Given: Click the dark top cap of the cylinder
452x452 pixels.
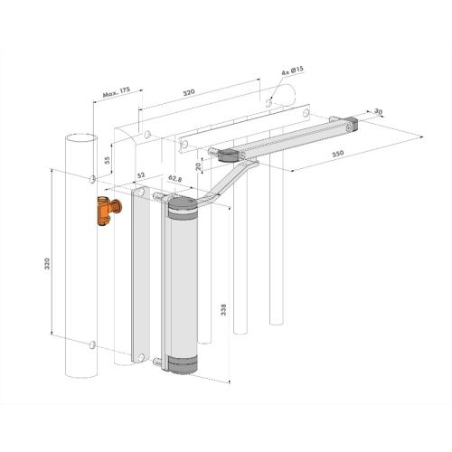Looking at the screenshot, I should [183, 212].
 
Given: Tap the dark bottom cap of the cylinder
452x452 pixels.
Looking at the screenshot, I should [183, 363].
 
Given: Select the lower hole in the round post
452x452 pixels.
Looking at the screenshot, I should [92, 344].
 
